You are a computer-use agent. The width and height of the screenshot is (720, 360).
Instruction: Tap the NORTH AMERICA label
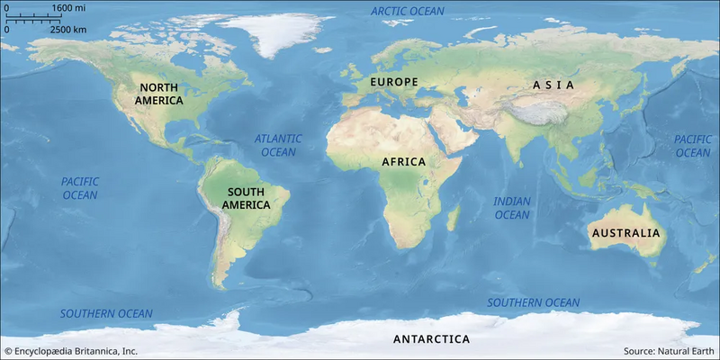159,94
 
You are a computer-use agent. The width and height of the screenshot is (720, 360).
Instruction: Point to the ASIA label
553,85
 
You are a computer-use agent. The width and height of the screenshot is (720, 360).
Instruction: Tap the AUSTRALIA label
625,233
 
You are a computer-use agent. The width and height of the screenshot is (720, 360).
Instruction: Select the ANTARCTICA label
431,339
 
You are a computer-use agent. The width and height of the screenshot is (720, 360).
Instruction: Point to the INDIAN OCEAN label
512,208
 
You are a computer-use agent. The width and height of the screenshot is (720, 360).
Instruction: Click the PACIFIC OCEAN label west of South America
79,188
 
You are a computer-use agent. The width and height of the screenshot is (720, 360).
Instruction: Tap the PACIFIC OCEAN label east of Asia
692,146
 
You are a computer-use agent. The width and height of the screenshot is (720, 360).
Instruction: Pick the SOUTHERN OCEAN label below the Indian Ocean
534,302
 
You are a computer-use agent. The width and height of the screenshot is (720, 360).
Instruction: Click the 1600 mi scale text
68,8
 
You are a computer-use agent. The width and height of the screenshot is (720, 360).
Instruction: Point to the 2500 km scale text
67,29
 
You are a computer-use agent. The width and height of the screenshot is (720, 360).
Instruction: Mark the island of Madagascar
454,217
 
